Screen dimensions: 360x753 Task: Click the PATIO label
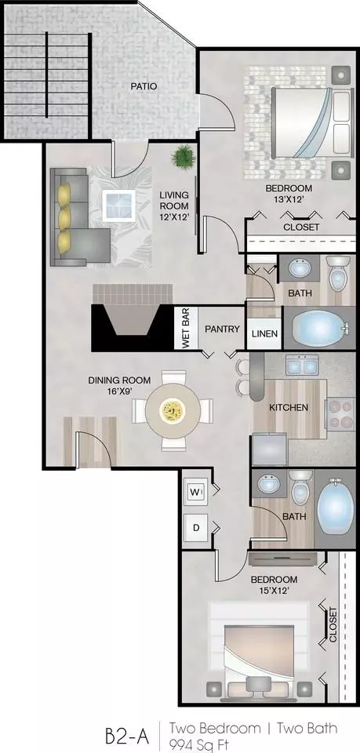(144, 86)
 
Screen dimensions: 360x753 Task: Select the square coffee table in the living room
(118, 205)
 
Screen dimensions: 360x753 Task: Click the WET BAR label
(185, 329)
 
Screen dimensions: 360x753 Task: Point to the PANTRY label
(222, 329)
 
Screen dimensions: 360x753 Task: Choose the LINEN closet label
(264, 333)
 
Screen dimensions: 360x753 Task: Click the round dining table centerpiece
(173, 410)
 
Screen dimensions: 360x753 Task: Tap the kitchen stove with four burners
(340, 413)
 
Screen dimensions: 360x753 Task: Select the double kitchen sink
(302, 365)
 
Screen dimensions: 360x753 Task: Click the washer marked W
(195, 493)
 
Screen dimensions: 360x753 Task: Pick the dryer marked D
(195, 527)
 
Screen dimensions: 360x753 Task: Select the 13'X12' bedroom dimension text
(289, 200)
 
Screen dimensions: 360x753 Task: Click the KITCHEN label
(288, 408)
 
